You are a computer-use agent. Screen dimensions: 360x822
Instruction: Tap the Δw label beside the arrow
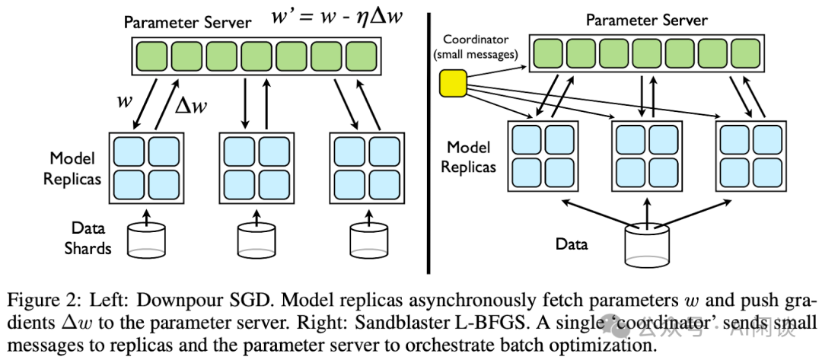tap(191, 106)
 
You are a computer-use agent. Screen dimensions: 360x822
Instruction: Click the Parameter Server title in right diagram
tap(646, 21)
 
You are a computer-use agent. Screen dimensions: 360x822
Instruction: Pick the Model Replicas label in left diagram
tap(72, 168)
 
